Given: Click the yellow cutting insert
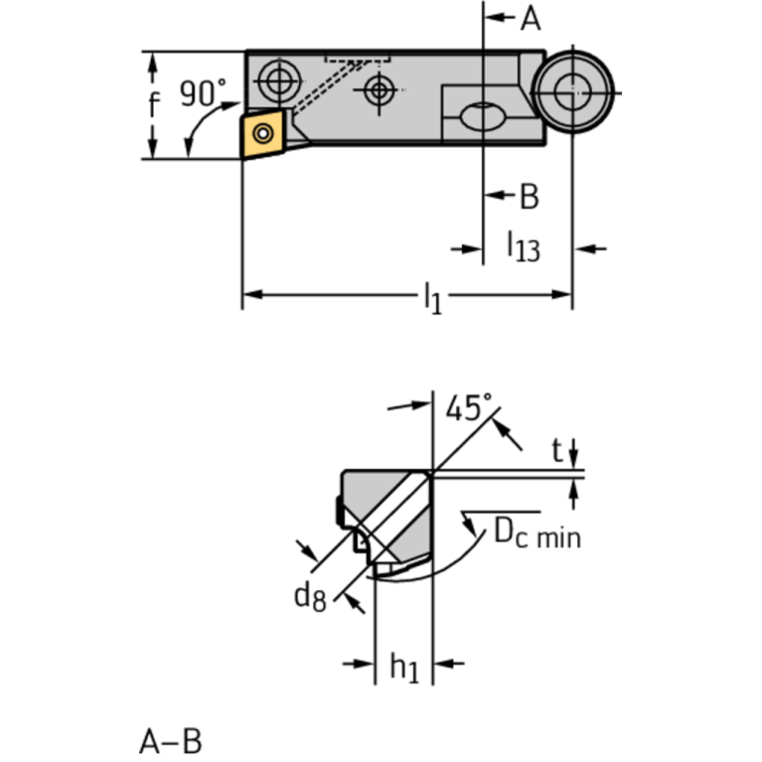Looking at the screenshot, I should click(x=265, y=134).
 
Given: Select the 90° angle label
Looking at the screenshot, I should click(x=203, y=94).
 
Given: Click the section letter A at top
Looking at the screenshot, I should click(x=531, y=18).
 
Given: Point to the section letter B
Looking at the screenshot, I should click(x=529, y=197).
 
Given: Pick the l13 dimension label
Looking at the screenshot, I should click(x=523, y=245).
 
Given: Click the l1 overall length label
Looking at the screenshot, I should click(x=431, y=296).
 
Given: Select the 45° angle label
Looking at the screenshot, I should click(x=468, y=407).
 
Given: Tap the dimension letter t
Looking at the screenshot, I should click(x=558, y=452).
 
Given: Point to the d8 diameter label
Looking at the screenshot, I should click(x=309, y=596).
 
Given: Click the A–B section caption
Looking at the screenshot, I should click(x=170, y=740).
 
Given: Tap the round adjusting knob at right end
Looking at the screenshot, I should click(x=571, y=93).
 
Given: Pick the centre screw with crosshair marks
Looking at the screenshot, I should click(x=378, y=90).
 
